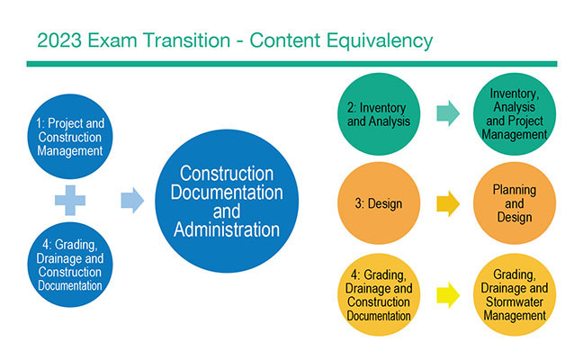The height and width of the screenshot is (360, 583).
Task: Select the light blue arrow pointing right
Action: (x=132, y=201)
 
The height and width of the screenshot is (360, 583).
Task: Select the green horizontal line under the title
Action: (x=291, y=63)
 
